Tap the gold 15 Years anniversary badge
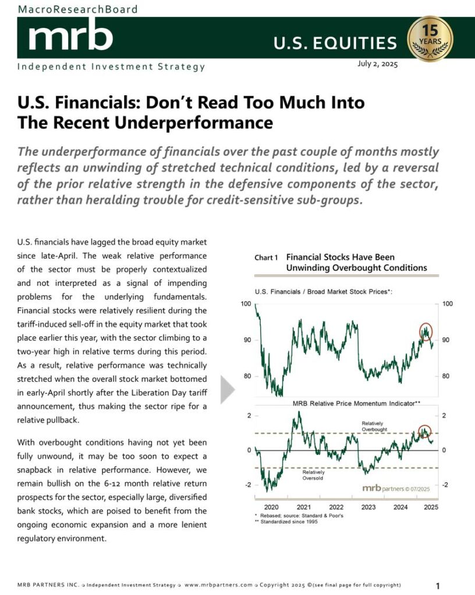pyautogui.click(x=430, y=39)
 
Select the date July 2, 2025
pyautogui.click(x=377, y=64)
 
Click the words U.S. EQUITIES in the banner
pyautogui.click(x=335, y=43)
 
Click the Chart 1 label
pyautogui.click(x=266, y=257)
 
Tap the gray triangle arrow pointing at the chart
pyautogui.click(x=228, y=389)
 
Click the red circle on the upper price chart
pyautogui.click(x=426, y=331)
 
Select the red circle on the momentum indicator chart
pyautogui.click(x=424, y=432)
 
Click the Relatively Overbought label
pyautogui.click(x=374, y=426)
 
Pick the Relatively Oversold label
pyautogui.click(x=314, y=475)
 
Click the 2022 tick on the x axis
pyautogui.click(x=336, y=507)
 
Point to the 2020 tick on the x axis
pyautogui.click(x=271, y=507)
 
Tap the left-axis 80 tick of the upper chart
pyautogui.click(x=247, y=376)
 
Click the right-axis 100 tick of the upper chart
pyautogui.click(x=448, y=303)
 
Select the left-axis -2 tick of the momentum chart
pyautogui.click(x=248, y=485)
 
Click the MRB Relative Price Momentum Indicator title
pyautogui.click(x=356, y=403)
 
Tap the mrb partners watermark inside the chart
pyautogui.click(x=396, y=488)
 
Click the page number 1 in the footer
pyautogui.click(x=438, y=586)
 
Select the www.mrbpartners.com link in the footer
pyautogui.click(x=218, y=585)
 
